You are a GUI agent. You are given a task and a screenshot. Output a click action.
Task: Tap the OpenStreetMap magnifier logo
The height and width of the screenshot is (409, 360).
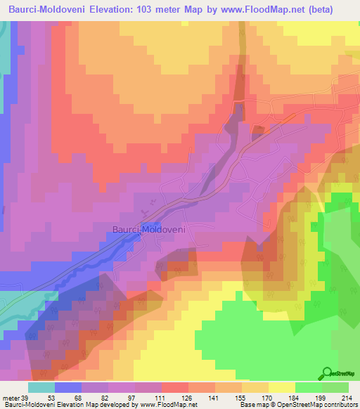coord(326,374)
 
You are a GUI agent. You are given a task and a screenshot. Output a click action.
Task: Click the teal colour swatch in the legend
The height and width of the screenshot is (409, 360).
coord(41,387)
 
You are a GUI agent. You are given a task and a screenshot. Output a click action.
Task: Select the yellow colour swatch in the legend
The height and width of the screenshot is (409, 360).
coord(282,387)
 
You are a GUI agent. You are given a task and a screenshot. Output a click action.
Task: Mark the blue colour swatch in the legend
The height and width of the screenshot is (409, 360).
coord(68,387)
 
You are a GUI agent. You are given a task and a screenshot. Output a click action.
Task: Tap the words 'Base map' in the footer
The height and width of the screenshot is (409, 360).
coord(252,405)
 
